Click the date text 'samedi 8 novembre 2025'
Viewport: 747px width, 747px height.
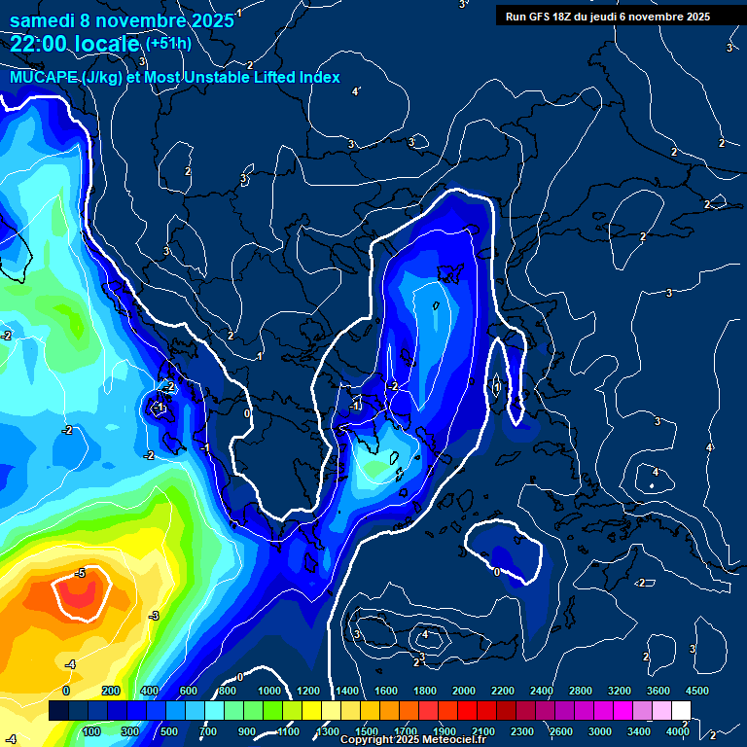[122, 20]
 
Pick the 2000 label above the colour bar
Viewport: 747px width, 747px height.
[463, 691]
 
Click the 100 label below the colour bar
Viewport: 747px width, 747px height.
[92, 731]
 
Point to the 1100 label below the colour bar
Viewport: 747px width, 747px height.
[289, 731]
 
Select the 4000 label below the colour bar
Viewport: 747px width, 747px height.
[678, 731]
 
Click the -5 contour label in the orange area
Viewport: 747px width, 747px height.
[80, 574]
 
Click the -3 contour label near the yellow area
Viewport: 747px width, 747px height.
[153, 617]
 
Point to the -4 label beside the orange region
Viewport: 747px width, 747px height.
[69, 664]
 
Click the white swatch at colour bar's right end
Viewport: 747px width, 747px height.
[681, 711]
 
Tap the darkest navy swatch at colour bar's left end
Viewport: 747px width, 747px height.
[58, 711]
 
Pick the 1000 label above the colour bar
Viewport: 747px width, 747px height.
[269, 691]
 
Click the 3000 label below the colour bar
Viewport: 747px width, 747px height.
[599, 731]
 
